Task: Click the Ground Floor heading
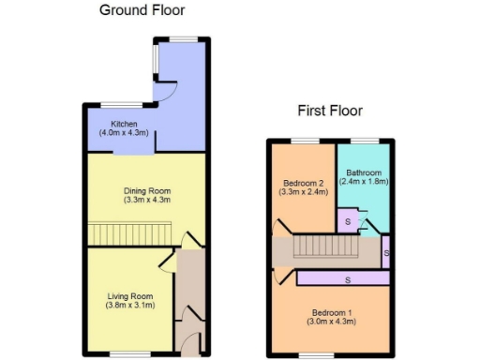point(142,11)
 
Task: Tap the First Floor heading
point(330,111)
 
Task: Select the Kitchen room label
point(125,125)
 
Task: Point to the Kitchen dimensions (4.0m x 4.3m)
point(125,133)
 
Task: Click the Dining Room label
point(146,190)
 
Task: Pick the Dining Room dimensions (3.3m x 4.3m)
point(146,200)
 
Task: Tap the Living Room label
point(128,296)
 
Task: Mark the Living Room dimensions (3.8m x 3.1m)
point(128,306)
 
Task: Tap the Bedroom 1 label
point(333,313)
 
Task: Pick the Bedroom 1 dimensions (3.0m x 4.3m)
point(333,322)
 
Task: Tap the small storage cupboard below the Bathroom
point(348,221)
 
